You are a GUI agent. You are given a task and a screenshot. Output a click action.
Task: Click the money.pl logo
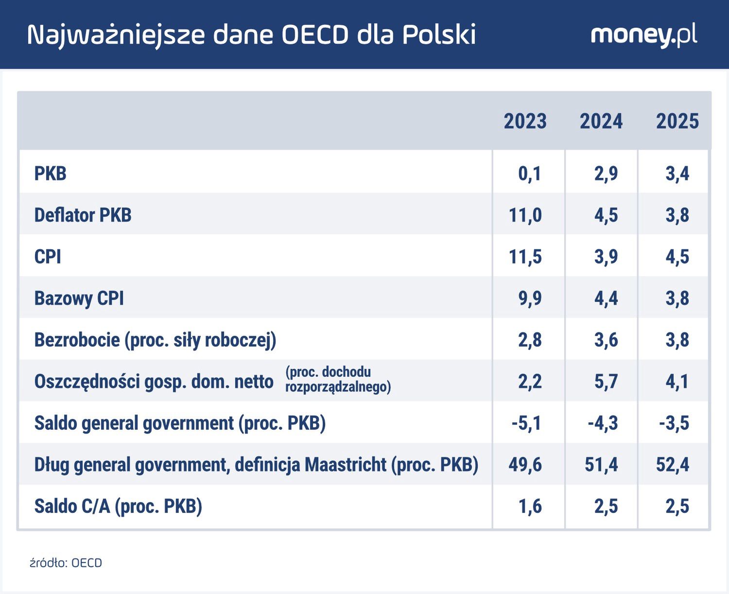click(643, 35)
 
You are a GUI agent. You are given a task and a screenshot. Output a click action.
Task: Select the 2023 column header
click(525, 122)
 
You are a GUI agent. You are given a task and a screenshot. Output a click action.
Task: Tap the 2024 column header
click(601, 122)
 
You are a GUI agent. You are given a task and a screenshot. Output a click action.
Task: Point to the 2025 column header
click(677, 122)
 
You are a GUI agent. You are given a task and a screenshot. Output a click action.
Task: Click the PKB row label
click(50, 174)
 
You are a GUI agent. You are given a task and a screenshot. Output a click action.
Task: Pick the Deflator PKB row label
click(83, 215)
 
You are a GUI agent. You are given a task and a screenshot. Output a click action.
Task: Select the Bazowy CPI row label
click(79, 298)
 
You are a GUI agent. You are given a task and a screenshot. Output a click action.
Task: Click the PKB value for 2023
click(529, 174)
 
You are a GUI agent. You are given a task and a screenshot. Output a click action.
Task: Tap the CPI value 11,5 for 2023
click(525, 257)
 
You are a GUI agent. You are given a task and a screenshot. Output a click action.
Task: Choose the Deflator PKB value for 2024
click(606, 215)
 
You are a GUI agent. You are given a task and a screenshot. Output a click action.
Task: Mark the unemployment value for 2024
click(606, 340)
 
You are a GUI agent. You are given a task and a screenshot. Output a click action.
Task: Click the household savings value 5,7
click(606, 382)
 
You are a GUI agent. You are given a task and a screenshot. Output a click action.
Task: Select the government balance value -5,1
click(526, 423)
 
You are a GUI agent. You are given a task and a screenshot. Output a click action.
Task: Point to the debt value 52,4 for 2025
click(672, 465)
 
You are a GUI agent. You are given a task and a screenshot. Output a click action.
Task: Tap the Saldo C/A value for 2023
click(530, 507)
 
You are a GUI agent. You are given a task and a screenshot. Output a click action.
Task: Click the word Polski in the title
click(439, 35)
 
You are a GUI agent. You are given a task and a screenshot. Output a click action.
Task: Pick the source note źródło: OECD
click(66, 563)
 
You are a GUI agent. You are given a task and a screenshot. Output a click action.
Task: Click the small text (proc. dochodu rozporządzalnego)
click(338, 380)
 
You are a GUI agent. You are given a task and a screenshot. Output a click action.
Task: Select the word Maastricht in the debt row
click(346, 465)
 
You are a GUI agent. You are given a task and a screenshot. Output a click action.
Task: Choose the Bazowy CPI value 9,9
click(529, 298)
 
